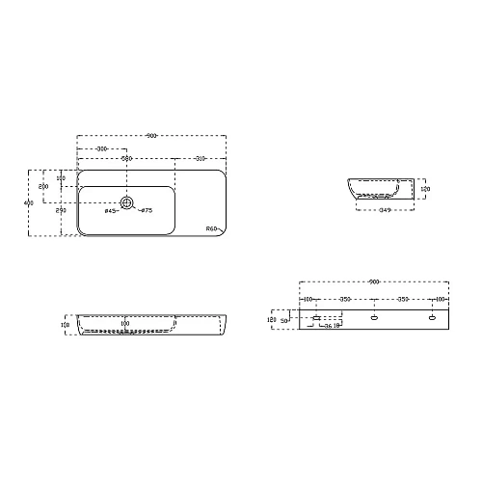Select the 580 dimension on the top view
tap(125, 158)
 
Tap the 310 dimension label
tap(199, 158)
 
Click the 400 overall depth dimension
tap(29, 202)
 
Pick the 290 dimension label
tap(61, 210)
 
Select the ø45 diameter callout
tap(110, 210)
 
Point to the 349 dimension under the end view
tap(384, 209)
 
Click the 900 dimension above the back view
tap(374, 282)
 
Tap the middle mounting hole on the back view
tap(374, 316)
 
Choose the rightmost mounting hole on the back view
tap(432, 316)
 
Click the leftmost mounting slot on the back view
tap(316, 316)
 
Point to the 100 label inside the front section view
tap(125, 324)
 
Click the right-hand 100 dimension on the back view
tap(439, 300)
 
